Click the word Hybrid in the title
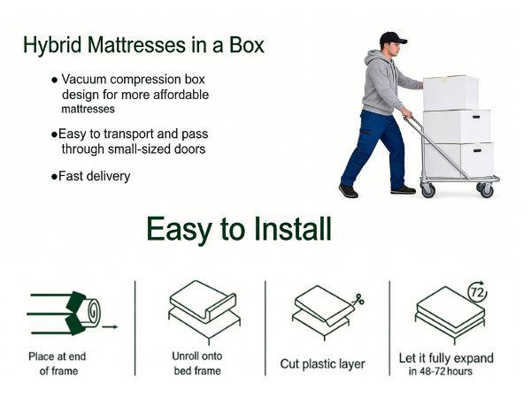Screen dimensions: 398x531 [x=50, y=45]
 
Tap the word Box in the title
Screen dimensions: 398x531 [x=244, y=45]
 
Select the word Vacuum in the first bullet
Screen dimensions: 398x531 [x=84, y=79]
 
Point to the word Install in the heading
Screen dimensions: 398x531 [x=283, y=229]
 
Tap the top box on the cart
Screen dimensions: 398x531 [x=450, y=93]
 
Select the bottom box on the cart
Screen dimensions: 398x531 [x=458, y=159]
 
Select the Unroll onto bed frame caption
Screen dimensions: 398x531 [x=197, y=363]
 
